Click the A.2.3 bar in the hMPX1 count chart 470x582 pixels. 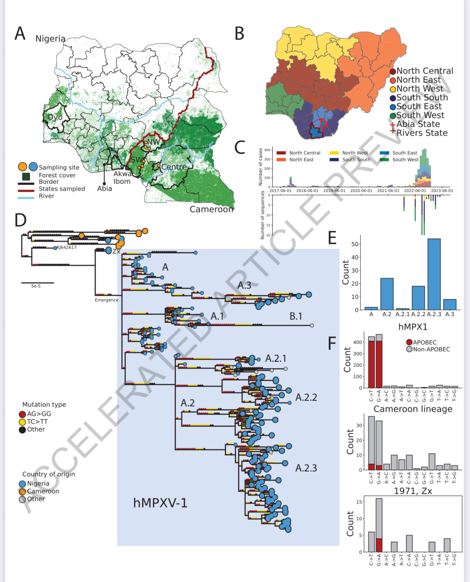tap(434, 274)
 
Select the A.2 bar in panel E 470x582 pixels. tap(387, 294)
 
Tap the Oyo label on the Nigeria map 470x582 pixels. tap(55, 117)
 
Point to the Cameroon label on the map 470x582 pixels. tap(211, 209)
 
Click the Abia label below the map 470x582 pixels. tap(104, 188)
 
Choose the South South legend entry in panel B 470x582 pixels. tap(422, 98)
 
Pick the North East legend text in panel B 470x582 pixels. tap(419, 80)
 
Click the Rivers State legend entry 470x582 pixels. tap(422, 133)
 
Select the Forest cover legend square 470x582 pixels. tap(26, 176)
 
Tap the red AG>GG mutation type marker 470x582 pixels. tap(22, 414)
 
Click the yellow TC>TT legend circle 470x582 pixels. tap(22, 422)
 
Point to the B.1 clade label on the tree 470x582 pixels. tap(296, 317)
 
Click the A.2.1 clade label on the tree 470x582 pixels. tap(276, 358)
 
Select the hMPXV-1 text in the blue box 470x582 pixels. tap(160, 503)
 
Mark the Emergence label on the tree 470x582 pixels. tap(106, 300)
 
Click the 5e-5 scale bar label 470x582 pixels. tap(36, 286)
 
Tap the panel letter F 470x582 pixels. tap(332, 344)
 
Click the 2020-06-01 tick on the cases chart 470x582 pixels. tap(361, 191)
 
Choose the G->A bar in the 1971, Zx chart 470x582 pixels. tap(379, 525)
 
